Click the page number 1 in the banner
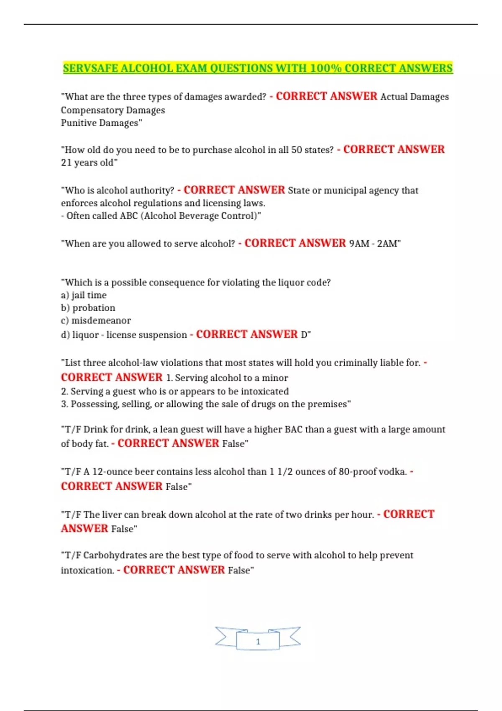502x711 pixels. coord(258,642)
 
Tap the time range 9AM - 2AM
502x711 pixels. coord(374,243)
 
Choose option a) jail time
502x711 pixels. coord(84,295)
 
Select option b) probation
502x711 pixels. coord(88,308)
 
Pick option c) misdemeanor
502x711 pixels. coord(96,321)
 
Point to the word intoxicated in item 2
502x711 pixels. coord(264,391)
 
